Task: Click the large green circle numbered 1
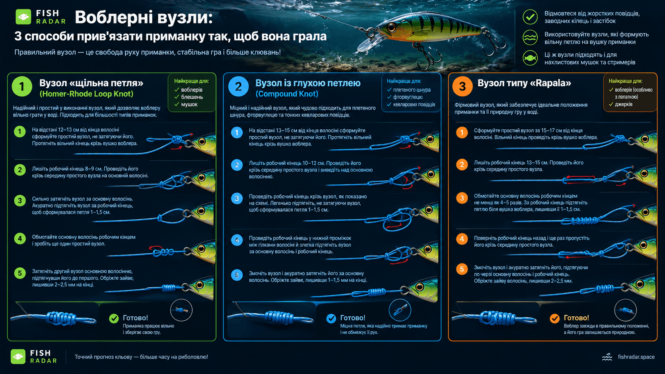click(x=22, y=86)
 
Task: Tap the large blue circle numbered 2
click(x=238, y=86)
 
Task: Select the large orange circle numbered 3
click(x=462, y=86)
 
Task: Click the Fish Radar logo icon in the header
click(x=23, y=17)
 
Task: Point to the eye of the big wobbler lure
click(x=391, y=27)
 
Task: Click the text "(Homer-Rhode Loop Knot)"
click(x=86, y=94)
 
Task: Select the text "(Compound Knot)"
click(x=287, y=94)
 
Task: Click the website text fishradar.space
click(x=636, y=357)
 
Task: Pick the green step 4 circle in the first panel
click(x=20, y=239)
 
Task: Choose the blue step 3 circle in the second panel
click(x=237, y=198)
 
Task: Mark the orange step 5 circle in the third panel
click(x=462, y=269)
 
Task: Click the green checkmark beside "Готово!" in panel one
click(x=114, y=318)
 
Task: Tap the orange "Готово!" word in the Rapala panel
click(x=576, y=318)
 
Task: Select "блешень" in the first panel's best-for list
click(x=192, y=97)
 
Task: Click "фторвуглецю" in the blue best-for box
click(x=408, y=97)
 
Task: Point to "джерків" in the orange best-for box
click(x=624, y=104)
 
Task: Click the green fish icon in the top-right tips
click(x=530, y=58)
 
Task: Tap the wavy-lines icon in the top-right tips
click(x=530, y=37)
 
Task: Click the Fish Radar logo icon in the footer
click(x=18, y=356)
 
